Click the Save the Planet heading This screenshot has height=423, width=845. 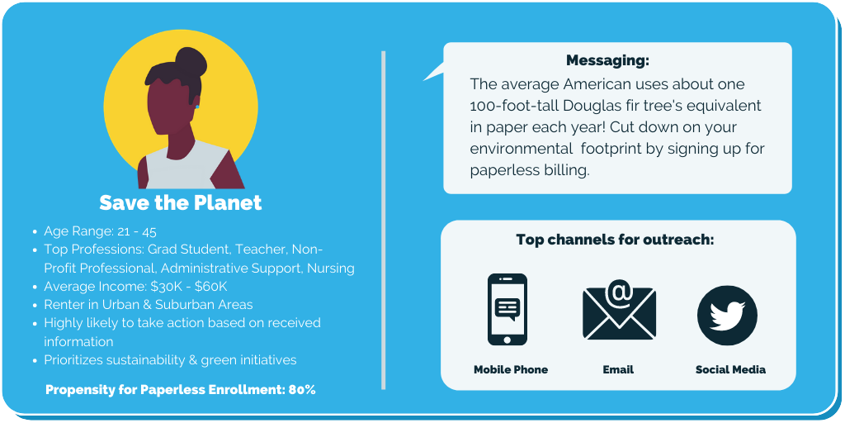181,202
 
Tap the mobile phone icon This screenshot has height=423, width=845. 507,309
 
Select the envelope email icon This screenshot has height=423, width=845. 619,311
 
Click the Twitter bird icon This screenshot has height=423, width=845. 727,315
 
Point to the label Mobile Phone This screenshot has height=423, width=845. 511,369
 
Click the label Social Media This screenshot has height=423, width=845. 730,369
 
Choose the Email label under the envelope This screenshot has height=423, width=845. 618,369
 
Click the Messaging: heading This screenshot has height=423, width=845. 608,60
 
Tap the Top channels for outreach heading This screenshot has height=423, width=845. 615,239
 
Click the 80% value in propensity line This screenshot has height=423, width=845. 302,390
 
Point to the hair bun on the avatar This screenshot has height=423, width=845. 191,61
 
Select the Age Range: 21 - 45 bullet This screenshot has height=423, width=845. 100,231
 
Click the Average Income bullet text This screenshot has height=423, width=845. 139,287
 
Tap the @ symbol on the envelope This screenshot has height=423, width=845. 620,292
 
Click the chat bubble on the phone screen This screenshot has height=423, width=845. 507,309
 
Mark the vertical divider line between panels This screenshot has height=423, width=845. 383,220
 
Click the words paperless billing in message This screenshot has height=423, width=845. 529,170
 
